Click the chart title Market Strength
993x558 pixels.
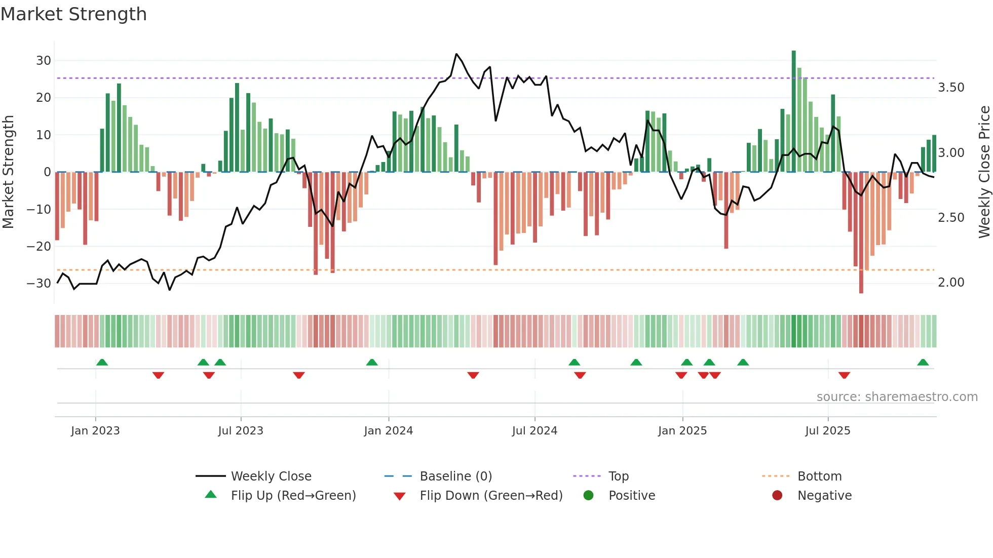point(73,14)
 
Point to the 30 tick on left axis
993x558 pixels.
point(44,61)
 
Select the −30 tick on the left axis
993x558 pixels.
point(39,283)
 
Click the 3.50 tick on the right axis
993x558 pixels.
point(951,88)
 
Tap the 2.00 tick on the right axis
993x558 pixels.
point(951,283)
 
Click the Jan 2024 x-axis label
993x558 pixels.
point(388,431)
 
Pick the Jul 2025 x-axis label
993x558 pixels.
point(827,431)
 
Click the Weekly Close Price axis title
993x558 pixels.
point(984,172)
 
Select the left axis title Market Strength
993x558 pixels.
point(8,172)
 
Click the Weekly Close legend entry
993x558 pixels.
point(271,476)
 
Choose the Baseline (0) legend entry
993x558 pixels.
point(455,476)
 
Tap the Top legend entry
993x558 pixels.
point(618,476)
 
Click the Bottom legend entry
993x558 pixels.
point(819,476)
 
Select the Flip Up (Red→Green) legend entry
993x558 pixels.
point(293,496)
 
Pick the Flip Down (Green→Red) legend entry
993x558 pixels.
point(491,496)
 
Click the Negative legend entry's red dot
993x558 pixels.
point(777,495)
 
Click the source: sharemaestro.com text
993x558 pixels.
point(897,397)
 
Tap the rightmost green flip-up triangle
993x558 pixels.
point(923,363)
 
